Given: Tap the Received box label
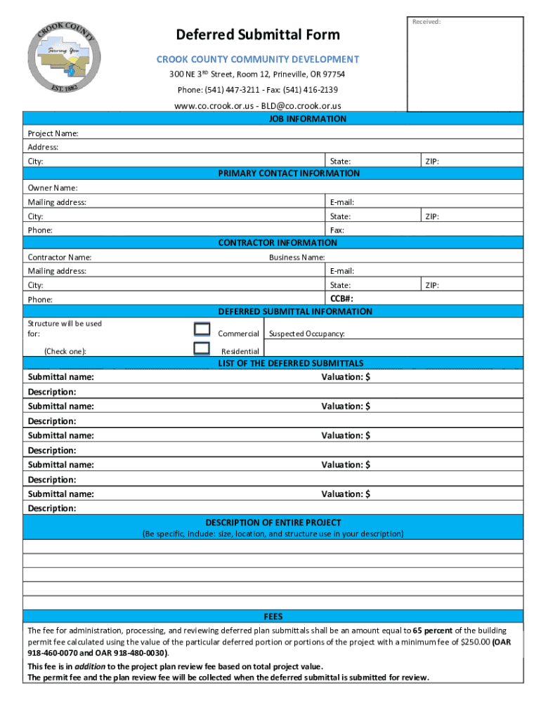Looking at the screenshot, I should click(426, 22).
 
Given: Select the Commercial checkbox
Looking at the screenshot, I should click(202, 329).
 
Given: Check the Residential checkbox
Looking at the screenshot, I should click(202, 348).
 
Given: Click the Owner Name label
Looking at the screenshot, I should click(53, 188).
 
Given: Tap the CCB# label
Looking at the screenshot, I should click(342, 298).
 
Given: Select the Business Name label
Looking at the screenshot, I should click(296, 257).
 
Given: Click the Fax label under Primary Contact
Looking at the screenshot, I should click(337, 230).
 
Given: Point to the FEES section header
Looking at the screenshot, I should click(273, 616).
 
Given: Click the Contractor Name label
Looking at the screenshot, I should click(60, 257).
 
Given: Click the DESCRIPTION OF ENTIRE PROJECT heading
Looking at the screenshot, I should click(273, 522).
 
